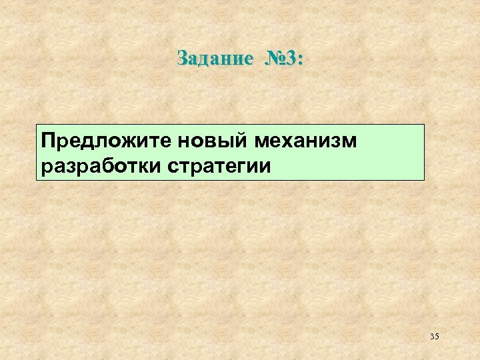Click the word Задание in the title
215,59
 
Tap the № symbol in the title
276,59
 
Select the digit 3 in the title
291,59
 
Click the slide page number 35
435,337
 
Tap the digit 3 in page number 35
432,337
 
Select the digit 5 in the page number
437,337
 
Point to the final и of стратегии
265,166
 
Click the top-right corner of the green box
424,125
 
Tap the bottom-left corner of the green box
37,180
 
